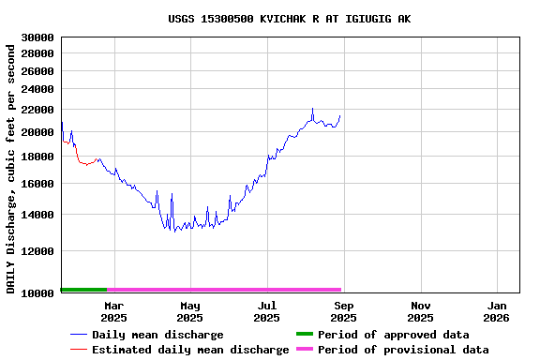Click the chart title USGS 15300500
click(289, 19)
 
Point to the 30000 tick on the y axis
click(37, 37)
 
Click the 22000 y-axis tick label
click(37, 110)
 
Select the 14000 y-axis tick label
click(37, 215)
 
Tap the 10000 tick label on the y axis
click(37, 293)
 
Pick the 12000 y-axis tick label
click(37, 251)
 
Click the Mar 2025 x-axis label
click(113, 311)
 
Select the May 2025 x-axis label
click(190, 311)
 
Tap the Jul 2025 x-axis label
click(267, 311)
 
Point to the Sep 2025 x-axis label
click(344, 311)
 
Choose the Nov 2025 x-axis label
click(421, 311)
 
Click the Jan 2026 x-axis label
click(498, 311)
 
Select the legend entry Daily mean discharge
click(157, 335)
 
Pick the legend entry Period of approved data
click(393, 335)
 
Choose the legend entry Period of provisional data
click(402, 350)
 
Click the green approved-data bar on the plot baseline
click(83, 290)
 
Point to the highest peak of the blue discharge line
click(313, 109)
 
